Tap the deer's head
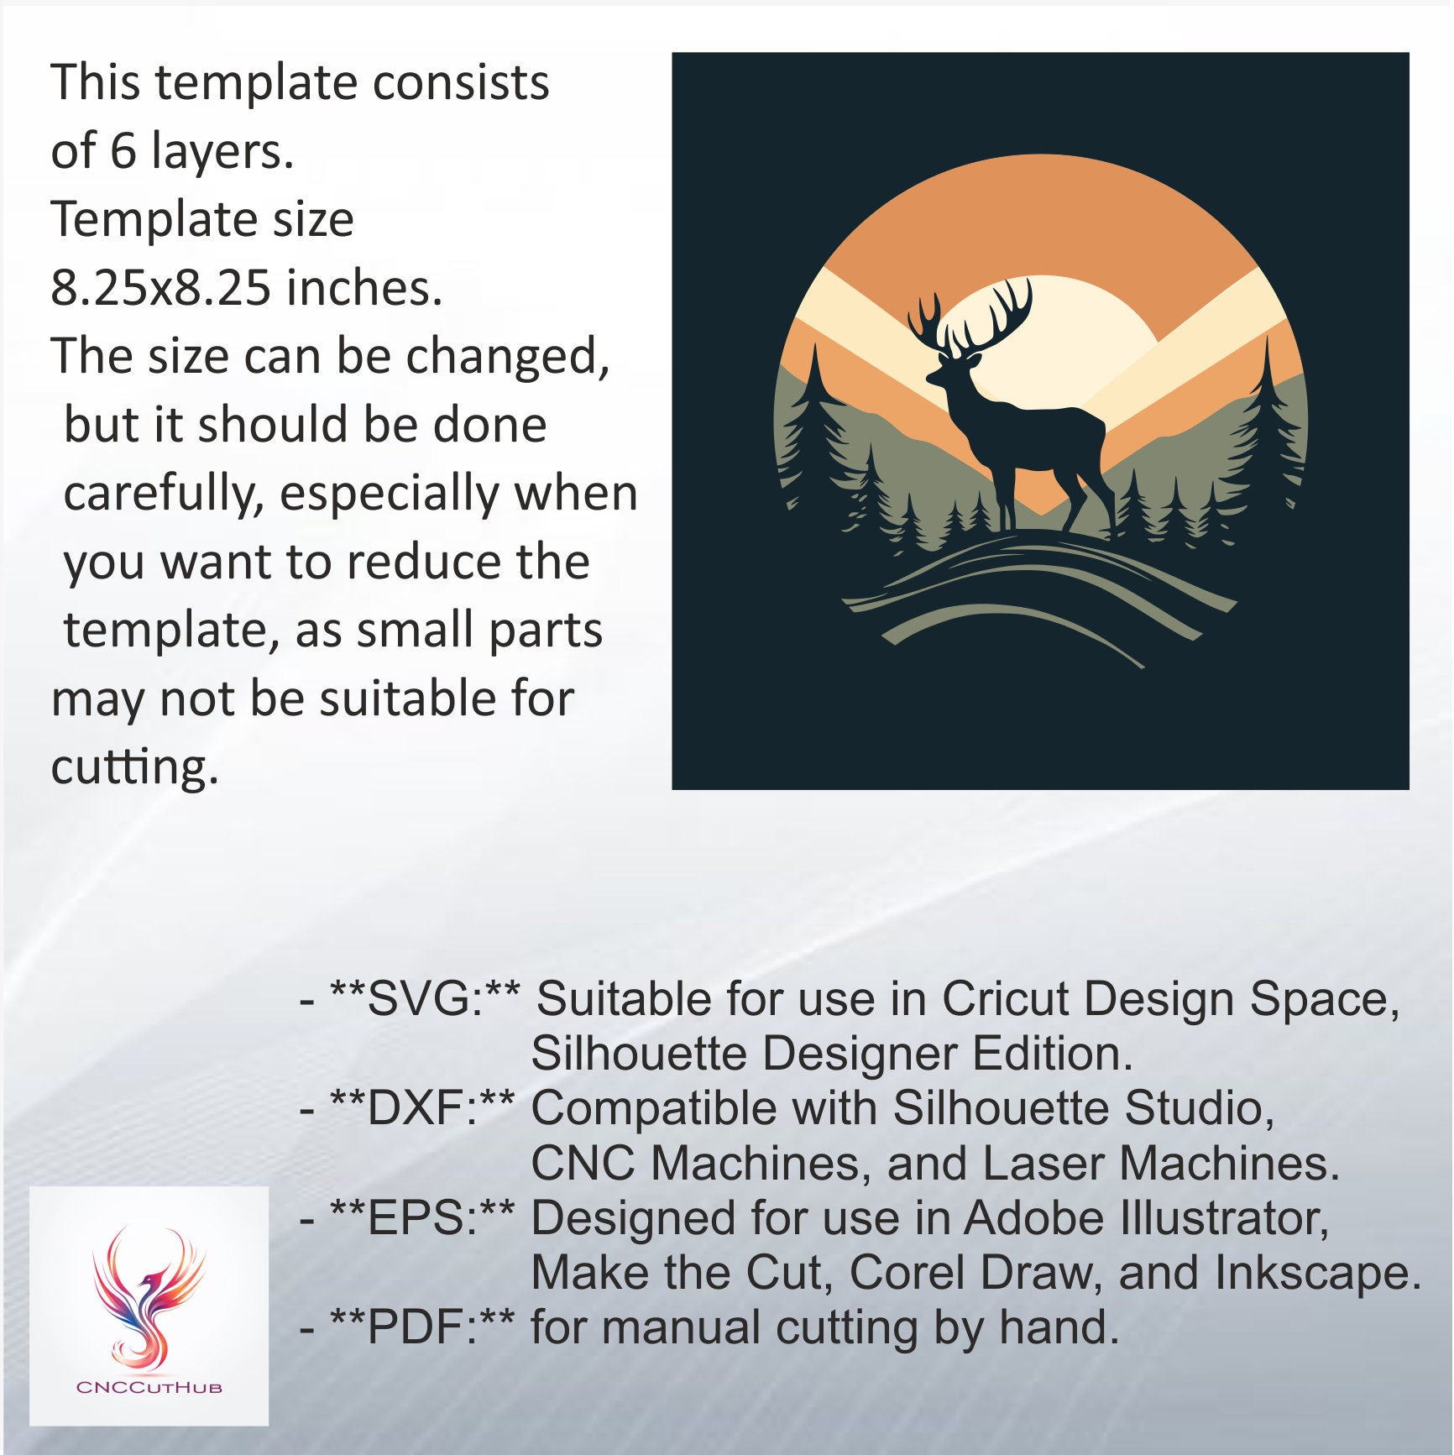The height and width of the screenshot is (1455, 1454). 953,369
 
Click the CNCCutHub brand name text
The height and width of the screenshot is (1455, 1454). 149,1387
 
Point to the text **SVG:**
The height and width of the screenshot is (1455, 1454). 425,998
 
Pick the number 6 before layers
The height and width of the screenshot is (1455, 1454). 123,151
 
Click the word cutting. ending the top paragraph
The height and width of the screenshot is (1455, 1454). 134,767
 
